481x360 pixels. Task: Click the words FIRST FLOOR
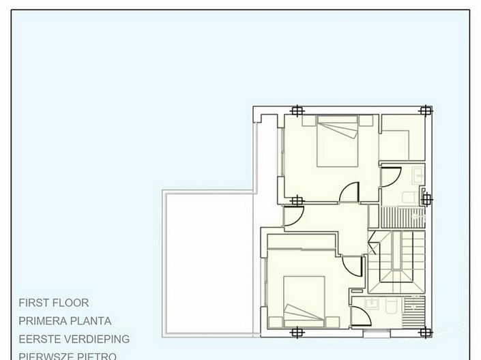pyautogui.click(x=54, y=303)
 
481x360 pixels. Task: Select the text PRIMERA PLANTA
pyautogui.click(x=65, y=321)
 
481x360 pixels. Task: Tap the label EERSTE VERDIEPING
pyautogui.click(x=74, y=339)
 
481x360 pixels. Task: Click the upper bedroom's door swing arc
pyautogui.click(x=349, y=192)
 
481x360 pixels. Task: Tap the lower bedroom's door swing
pyautogui.click(x=353, y=266)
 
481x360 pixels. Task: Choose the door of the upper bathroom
pyautogui.click(x=390, y=177)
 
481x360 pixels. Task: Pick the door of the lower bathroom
pyautogui.click(x=361, y=315)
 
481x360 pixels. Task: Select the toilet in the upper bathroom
pyautogui.click(x=409, y=198)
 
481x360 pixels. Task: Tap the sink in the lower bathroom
pyautogui.click(x=372, y=303)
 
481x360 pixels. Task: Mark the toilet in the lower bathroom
pyautogui.click(x=390, y=306)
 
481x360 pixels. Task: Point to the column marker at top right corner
pyautogui.click(x=425, y=110)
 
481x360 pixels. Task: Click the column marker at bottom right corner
pyautogui.click(x=425, y=333)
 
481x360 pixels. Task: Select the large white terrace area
pyautogui.click(x=207, y=262)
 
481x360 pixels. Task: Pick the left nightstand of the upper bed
pyautogui.click(x=308, y=121)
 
